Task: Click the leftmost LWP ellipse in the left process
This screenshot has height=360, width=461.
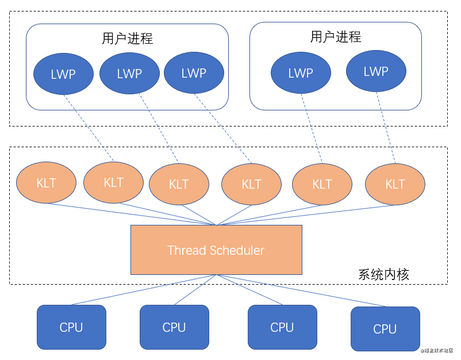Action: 63,74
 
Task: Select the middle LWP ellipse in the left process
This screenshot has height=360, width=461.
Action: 129,73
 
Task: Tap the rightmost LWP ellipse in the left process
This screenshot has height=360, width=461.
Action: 194,72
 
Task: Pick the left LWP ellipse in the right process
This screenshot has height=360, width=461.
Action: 301,72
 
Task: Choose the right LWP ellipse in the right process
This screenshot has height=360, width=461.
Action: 376,71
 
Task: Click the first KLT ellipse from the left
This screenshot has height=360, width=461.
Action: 47,183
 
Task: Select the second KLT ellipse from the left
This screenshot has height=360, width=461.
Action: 113,182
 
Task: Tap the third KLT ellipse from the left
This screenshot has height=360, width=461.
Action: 179,184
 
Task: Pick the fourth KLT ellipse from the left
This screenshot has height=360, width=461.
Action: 251,184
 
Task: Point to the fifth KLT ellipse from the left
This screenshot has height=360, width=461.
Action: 322,184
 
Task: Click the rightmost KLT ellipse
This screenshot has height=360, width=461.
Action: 395,184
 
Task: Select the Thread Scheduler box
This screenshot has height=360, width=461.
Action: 216,250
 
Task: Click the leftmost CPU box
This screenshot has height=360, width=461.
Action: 71,327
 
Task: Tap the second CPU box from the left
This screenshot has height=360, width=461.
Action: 174,327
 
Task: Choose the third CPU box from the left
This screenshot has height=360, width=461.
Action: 282,327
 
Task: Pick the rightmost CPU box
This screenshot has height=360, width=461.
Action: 385,328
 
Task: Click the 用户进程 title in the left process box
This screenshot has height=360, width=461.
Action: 127,39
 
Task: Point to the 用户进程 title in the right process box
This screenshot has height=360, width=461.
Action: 336,37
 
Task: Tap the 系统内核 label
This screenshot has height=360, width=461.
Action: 383,274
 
